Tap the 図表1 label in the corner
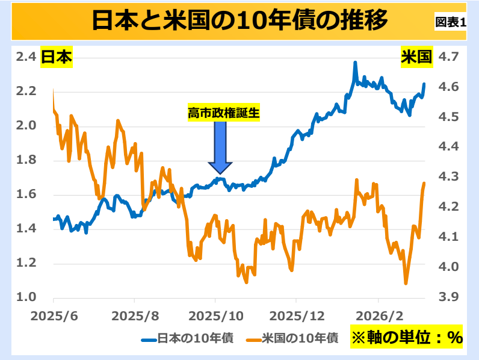coord(451,22)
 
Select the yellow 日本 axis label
coord(56,57)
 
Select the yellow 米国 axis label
coord(416,57)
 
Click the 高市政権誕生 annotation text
coord(223,113)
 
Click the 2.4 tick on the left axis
coord(26,57)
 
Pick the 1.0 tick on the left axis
coord(26,297)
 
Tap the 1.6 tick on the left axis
coord(26,194)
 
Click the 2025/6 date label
coord(54,316)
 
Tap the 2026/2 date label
coord(378,316)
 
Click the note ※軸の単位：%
coord(406,338)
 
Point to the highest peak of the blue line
coord(355,63)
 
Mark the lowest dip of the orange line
coord(406,283)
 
